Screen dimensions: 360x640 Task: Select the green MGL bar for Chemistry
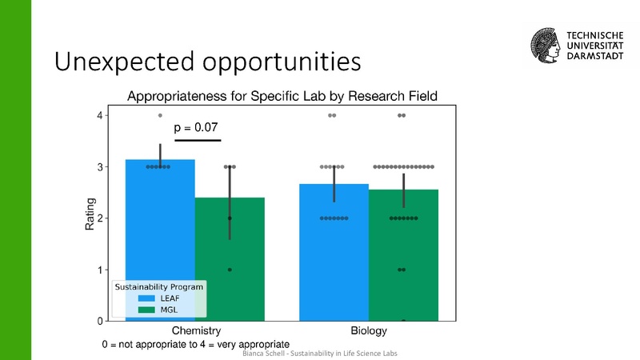tap(230, 256)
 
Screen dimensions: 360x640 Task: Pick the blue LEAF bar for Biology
tap(334, 256)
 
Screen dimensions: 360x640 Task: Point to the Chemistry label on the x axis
tap(196, 330)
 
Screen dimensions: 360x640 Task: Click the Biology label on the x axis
tap(369, 330)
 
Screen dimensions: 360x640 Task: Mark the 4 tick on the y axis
tap(101, 116)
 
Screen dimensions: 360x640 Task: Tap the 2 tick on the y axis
tap(101, 218)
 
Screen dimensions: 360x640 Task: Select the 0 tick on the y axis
tap(101, 321)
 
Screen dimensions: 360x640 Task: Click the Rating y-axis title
tap(90, 214)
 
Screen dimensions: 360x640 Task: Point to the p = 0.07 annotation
tap(196, 127)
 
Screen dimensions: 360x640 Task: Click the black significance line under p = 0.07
tap(197, 141)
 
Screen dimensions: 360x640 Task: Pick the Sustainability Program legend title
tap(158, 286)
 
